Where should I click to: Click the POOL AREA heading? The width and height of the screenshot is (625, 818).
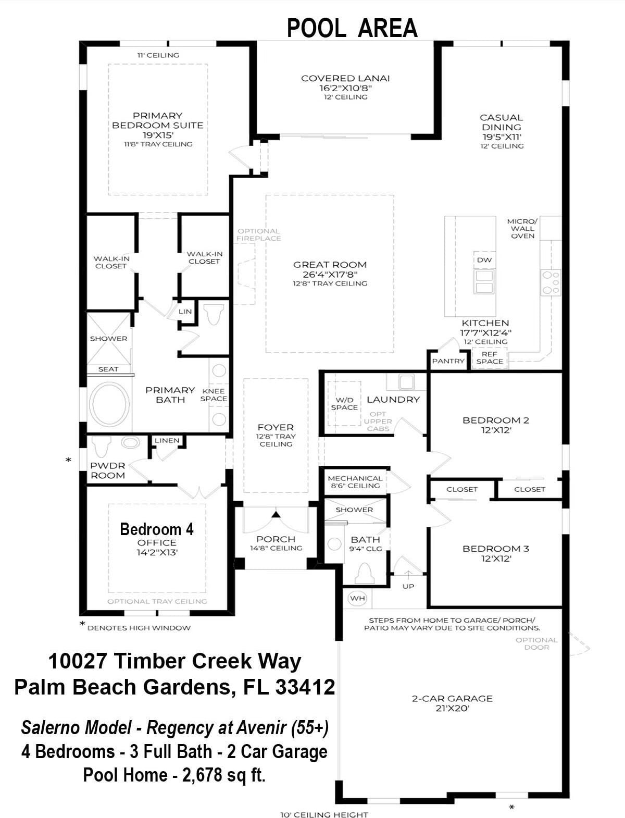coord(352,28)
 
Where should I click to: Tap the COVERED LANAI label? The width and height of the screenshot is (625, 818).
coord(345,79)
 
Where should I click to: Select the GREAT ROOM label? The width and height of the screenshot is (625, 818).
coord(330,265)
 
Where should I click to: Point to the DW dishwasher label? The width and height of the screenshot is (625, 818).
coord(484,260)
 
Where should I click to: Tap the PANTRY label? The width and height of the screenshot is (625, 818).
coord(448,361)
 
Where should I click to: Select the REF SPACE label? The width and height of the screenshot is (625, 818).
coord(490,358)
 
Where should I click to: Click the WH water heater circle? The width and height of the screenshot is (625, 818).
coord(357,598)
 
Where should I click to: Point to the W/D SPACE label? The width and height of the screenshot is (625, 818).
coord(344,404)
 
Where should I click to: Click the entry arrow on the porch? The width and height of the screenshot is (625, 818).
coord(276,515)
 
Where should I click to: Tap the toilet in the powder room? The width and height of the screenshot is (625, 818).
coord(101,445)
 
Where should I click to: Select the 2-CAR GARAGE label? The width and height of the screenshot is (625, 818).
coord(452,699)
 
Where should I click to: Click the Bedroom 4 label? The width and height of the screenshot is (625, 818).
coord(156,529)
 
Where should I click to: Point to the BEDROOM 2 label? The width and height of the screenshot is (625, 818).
coord(496,420)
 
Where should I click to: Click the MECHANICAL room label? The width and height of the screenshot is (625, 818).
coord(355,478)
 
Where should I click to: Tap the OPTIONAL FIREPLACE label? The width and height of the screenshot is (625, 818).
coord(259,234)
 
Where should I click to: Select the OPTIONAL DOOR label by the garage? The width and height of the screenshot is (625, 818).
coord(536,643)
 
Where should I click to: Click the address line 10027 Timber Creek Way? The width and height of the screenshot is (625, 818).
coord(174,661)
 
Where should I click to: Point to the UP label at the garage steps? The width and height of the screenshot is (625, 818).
coord(408,586)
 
